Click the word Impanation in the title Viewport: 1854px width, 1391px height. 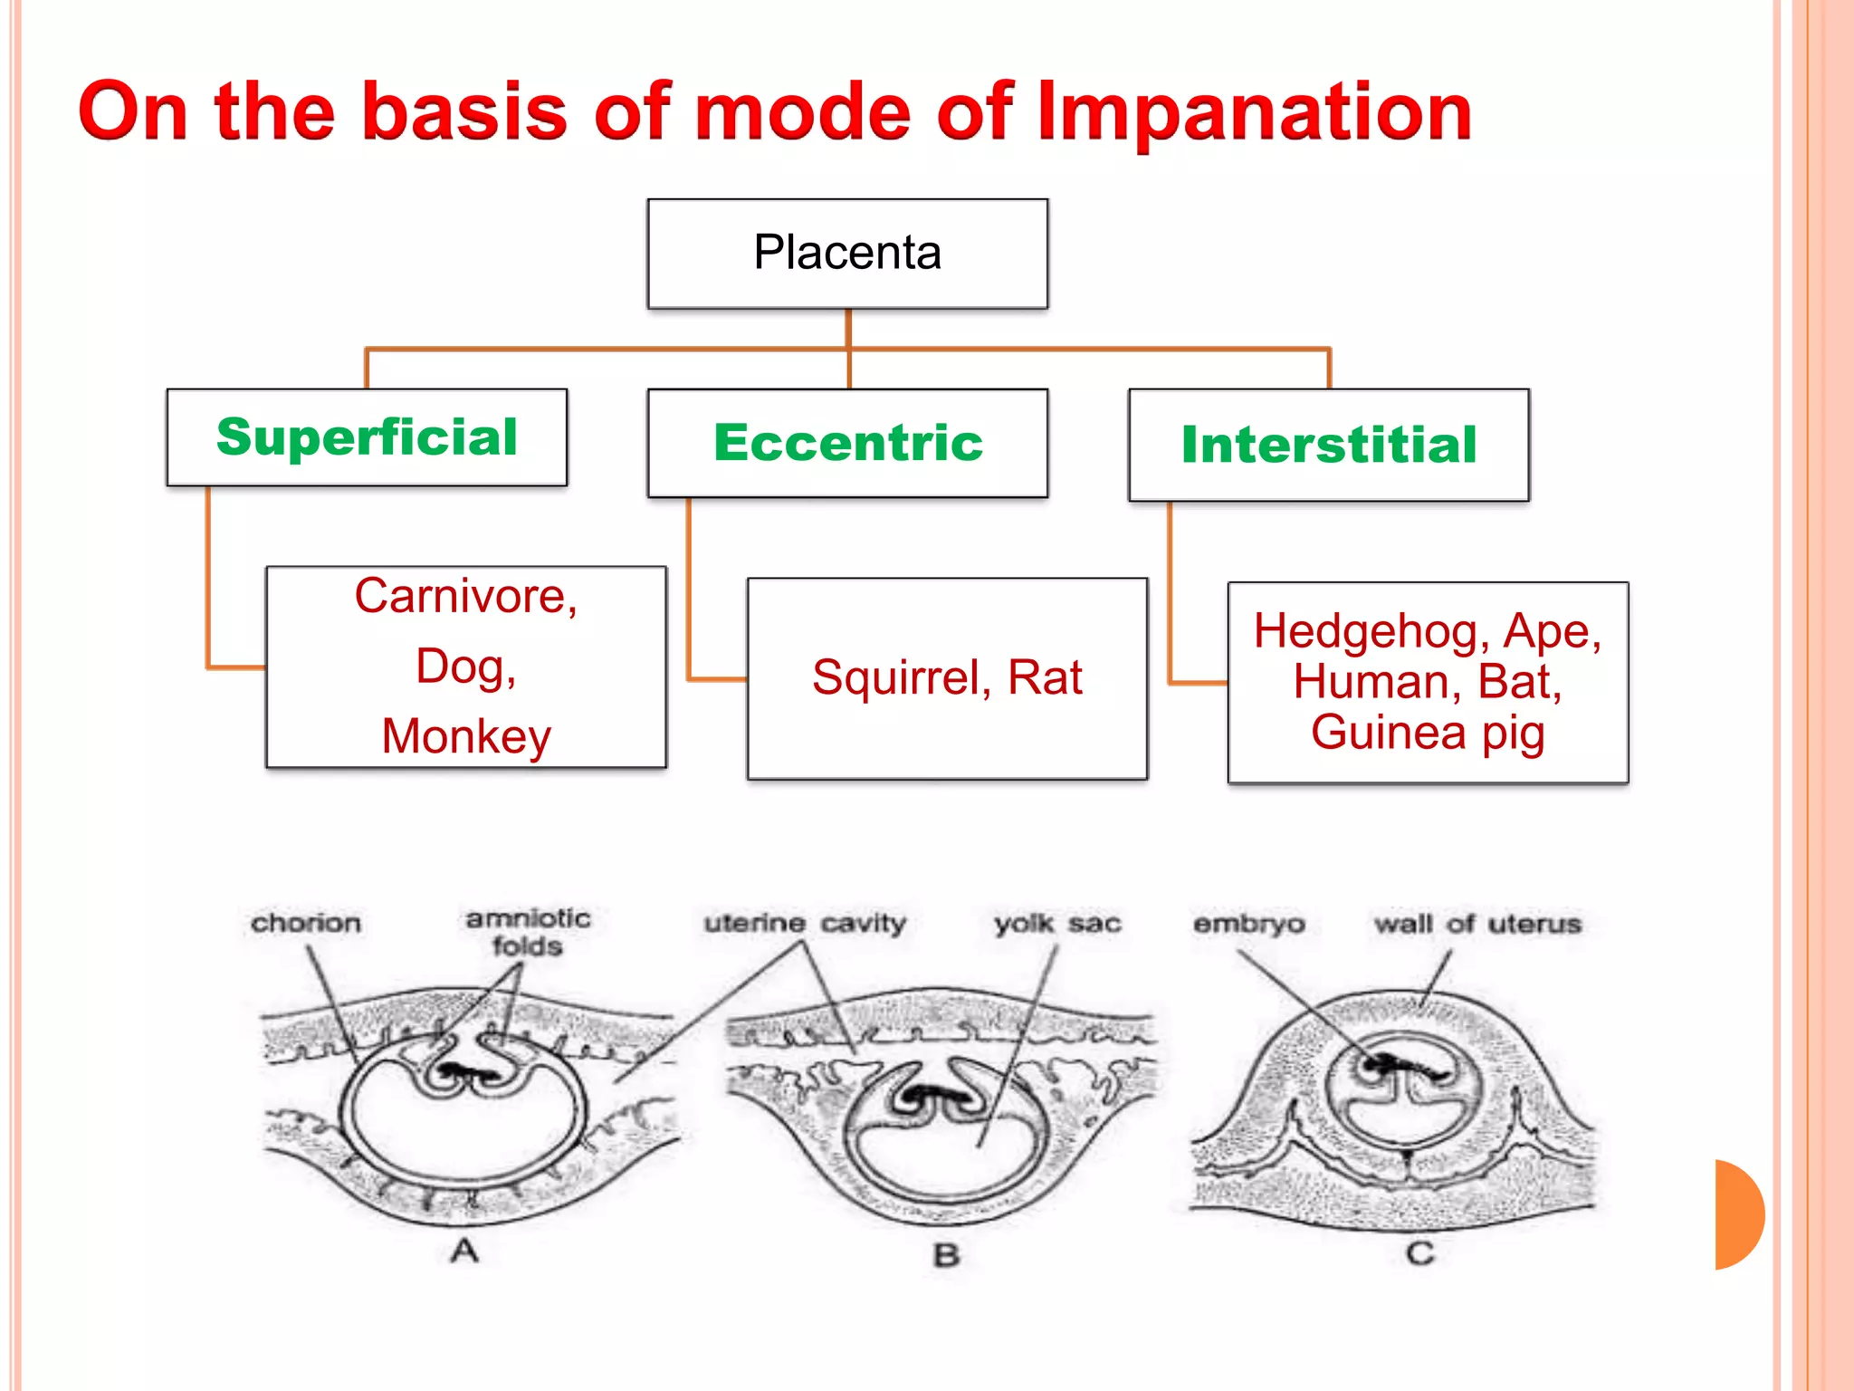coord(1254,113)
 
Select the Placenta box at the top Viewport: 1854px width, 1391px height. coord(847,254)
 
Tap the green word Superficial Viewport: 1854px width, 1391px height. coord(367,437)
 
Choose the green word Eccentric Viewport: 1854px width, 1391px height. coord(847,443)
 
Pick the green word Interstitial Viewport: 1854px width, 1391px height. coord(1328,445)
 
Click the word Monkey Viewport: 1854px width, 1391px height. coord(465,735)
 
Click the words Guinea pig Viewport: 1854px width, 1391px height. coord(1428,732)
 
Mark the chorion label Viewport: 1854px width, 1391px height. coord(306,923)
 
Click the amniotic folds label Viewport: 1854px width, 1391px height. coord(528,932)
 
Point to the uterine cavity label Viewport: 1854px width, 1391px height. coord(805,923)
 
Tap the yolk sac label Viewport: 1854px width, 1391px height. coord(1057,924)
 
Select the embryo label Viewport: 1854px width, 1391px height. coord(1248,924)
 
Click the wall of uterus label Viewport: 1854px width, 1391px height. coord(1477,924)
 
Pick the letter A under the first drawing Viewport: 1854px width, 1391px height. coord(464,1252)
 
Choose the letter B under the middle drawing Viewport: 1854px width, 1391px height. coord(946,1255)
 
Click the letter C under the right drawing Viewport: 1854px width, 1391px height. coord(1419,1253)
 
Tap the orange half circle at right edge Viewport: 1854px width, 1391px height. coord(1738,1214)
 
